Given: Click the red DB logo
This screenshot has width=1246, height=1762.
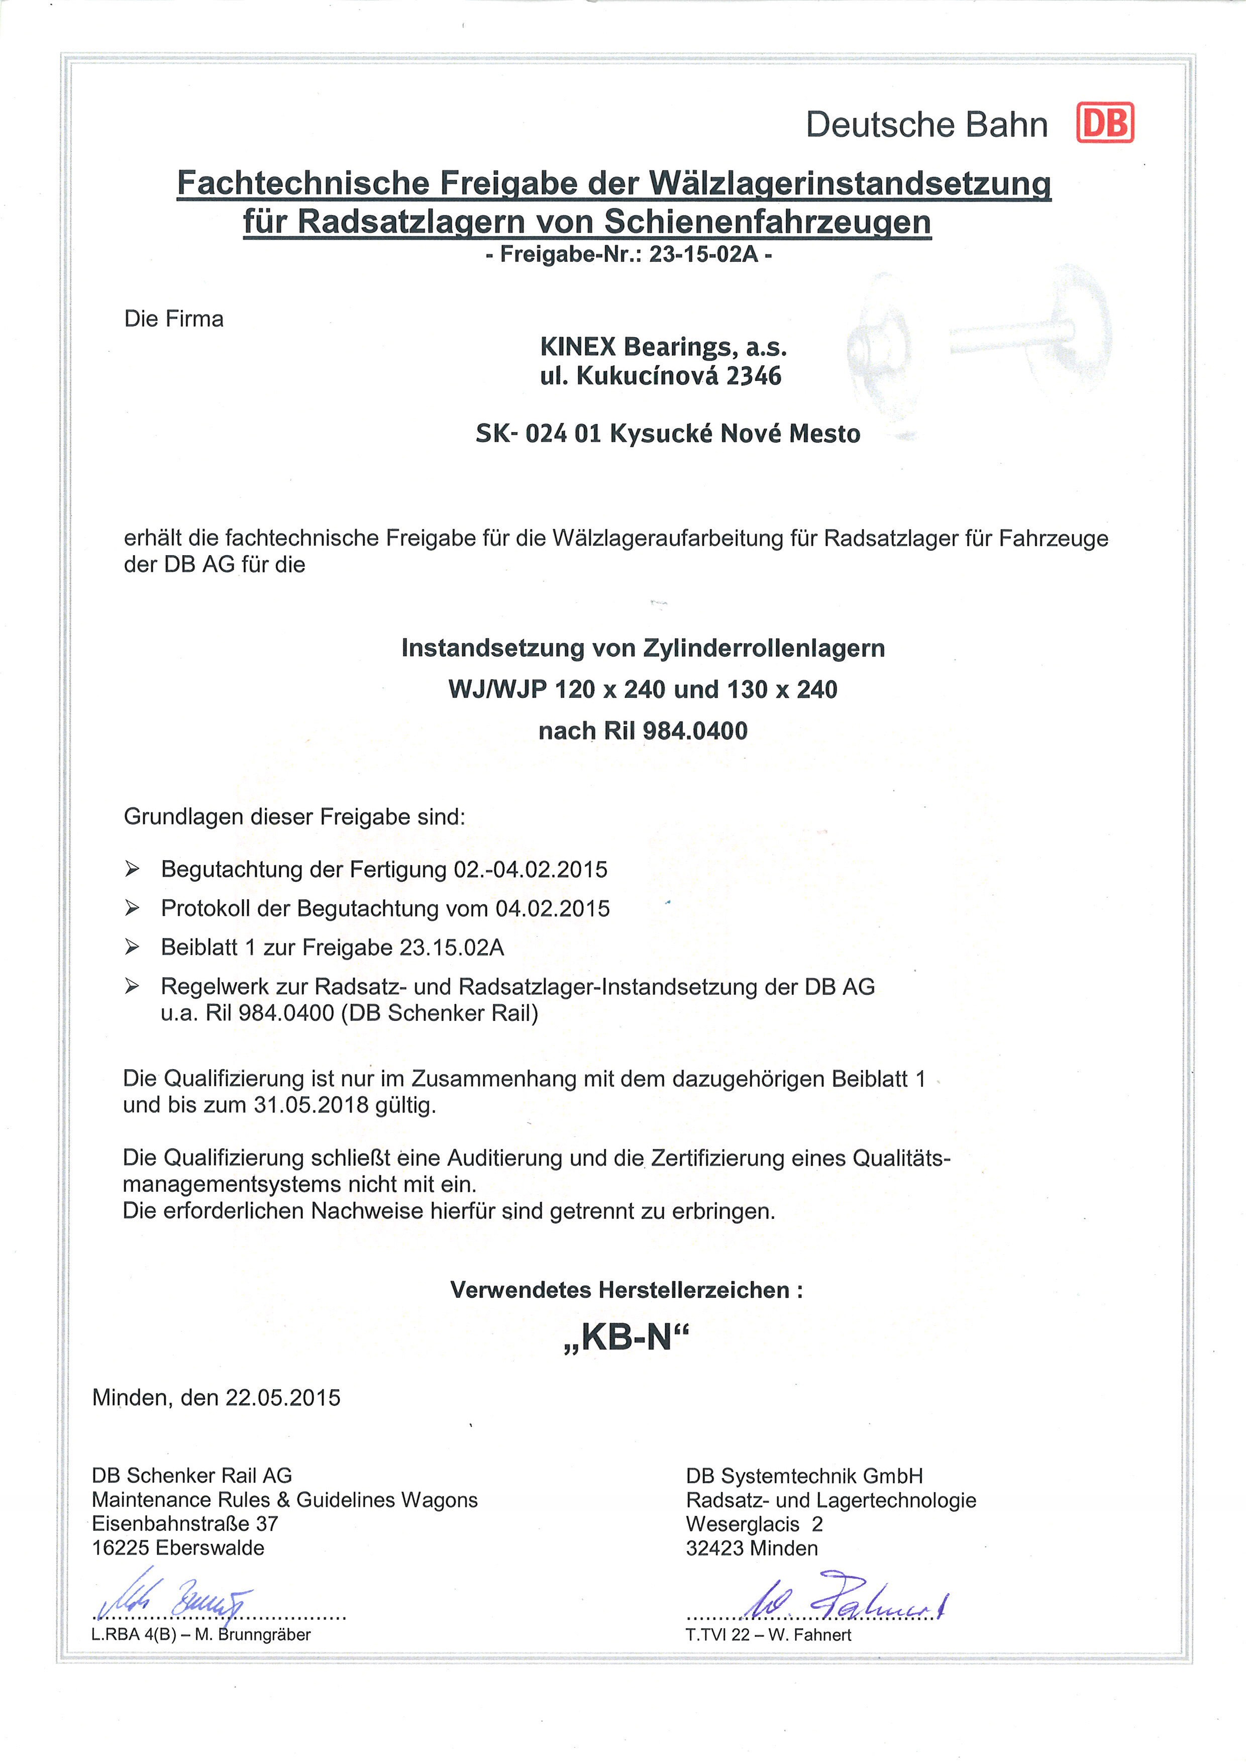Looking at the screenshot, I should [x=1105, y=123].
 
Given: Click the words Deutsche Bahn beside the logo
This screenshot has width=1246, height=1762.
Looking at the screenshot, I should [x=926, y=124].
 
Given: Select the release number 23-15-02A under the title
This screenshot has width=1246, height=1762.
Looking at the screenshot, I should [x=703, y=254].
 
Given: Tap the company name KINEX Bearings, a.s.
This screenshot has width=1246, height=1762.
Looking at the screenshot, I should [x=663, y=347].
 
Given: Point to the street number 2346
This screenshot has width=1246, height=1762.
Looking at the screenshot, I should [x=754, y=376].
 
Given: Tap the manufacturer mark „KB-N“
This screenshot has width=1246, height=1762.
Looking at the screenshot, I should [x=626, y=1337].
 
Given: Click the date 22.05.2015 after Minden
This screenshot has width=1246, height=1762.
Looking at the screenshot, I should [x=282, y=1397].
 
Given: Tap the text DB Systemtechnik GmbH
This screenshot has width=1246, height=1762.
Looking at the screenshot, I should [x=804, y=1476].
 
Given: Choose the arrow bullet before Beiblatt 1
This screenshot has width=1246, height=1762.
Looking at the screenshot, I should [x=132, y=947].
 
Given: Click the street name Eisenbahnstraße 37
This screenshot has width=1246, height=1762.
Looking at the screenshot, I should [x=185, y=1523].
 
